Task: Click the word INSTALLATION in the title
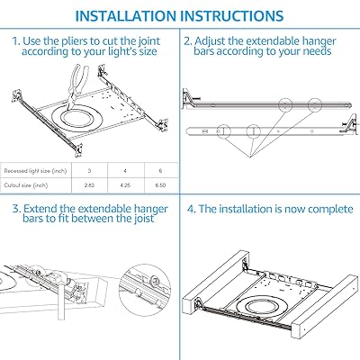(133, 16)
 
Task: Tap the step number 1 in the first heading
(16, 40)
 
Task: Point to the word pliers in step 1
(76, 40)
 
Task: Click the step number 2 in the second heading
(188, 40)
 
